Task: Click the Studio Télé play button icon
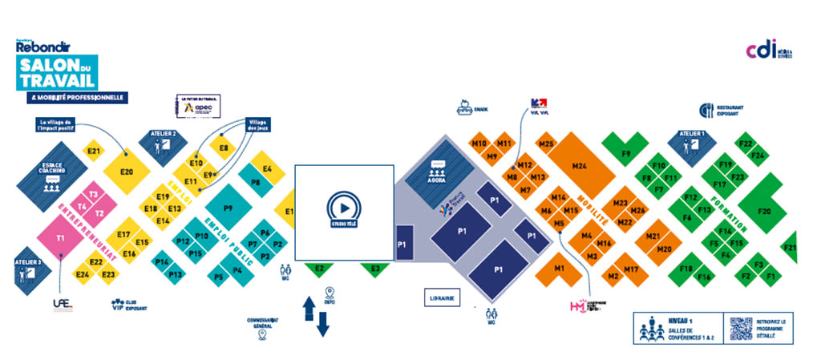(x=344, y=207)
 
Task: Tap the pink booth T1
(x=60, y=238)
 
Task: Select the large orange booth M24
(x=580, y=166)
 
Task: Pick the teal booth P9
(x=228, y=208)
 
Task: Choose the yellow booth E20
(x=126, y=172)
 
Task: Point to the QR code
(x=740, y=330)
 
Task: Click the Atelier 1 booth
(x=690, y=143)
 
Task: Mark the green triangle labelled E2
(x=319, y=269)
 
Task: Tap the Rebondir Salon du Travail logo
(x=56, y=68)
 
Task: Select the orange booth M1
(x=560, y=268)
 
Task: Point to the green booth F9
(x=626, y=152)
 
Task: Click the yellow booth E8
(x=224, y=148)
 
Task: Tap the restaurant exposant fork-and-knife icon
(x=706, y=110)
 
